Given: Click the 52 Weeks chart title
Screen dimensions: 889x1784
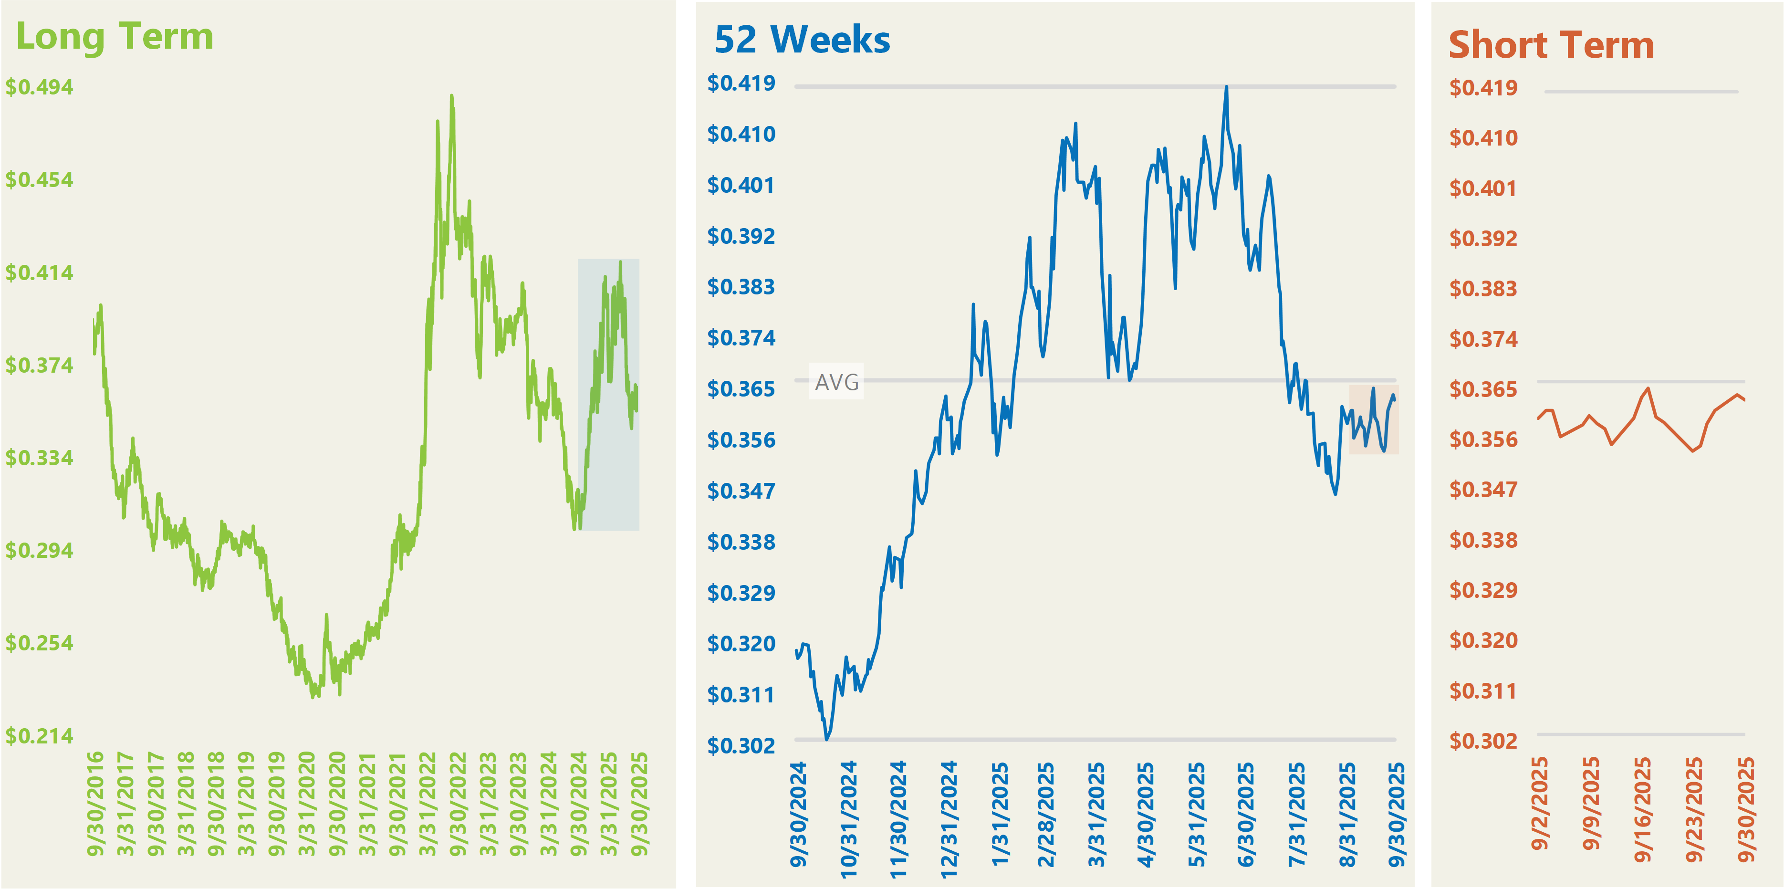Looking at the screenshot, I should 802,40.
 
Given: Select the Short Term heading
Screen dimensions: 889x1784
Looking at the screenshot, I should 1551,46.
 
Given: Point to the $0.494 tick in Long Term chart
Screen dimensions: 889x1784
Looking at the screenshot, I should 40,87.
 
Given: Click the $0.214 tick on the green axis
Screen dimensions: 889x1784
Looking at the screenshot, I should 40,735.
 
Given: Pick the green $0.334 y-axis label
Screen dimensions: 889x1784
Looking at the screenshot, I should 40,458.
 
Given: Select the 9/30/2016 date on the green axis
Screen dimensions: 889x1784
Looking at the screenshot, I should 95,803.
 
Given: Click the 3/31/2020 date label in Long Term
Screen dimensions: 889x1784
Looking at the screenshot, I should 307,803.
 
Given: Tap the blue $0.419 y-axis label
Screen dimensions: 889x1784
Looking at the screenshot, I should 741,83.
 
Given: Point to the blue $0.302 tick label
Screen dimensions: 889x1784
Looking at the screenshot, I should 741,746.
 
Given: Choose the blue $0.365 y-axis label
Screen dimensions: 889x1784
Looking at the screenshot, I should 741,389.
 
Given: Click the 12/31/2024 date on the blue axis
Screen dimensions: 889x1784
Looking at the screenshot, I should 949,819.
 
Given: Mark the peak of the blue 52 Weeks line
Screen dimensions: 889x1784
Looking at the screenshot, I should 1227,87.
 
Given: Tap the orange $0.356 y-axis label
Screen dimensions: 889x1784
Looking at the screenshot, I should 1483,439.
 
